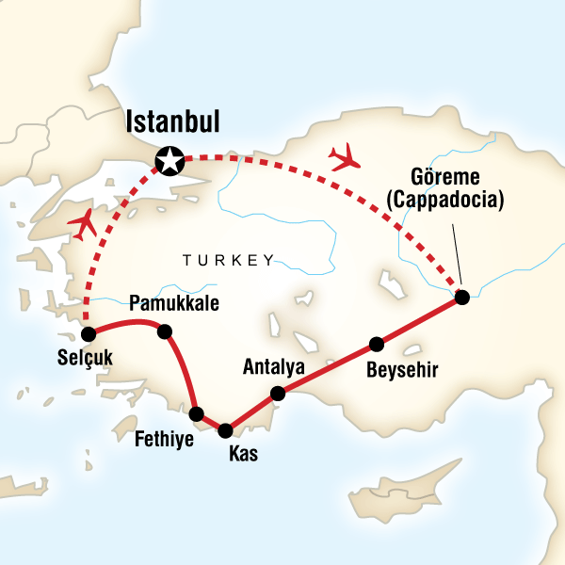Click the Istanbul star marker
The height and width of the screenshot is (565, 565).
click(169, 162)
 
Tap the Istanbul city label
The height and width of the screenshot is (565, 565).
click(172, 122)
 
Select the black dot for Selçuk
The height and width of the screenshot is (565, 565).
click(89, 334)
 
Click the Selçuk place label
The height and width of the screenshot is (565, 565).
click(82, 361)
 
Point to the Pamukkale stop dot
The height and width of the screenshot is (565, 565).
click(165, 331)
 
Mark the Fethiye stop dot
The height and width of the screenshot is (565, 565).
click(197, 413)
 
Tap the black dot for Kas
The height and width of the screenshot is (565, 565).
click(225, 431)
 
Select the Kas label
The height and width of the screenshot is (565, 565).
click(241, 455)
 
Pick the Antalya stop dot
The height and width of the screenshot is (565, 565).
click(278, 394)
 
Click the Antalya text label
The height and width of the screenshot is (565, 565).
click(271, 365)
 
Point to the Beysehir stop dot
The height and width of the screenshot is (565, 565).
click(377, 343)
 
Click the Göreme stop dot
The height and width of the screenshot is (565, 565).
click(461, 298)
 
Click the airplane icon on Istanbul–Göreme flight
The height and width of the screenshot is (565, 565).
click(344, 155)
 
